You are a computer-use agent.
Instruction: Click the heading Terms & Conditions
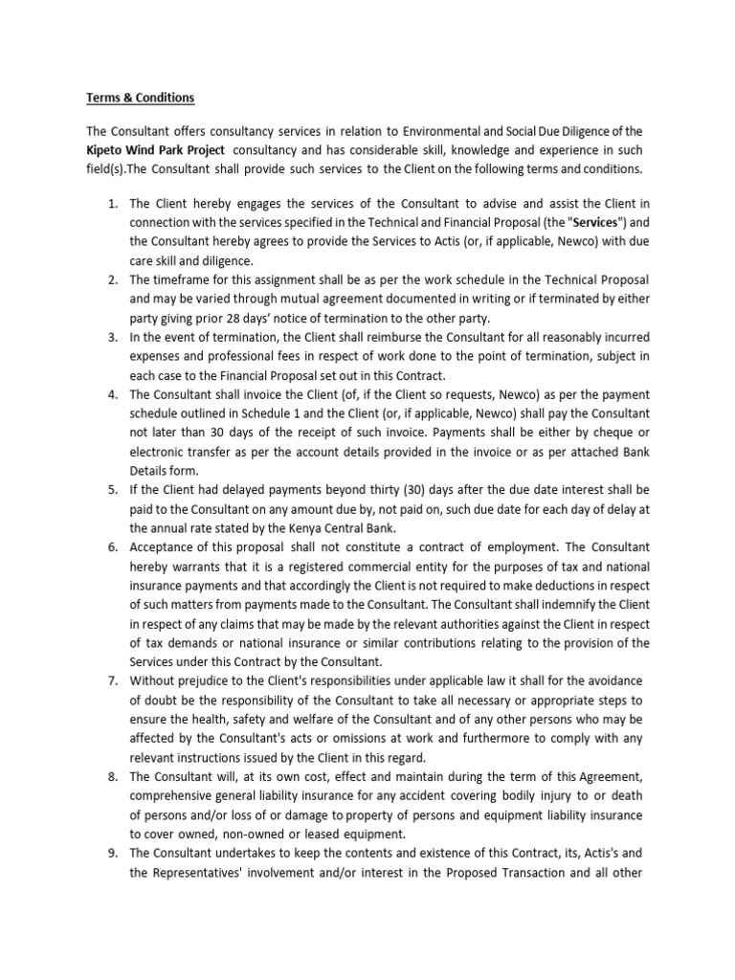pyautogui.click(x=140, y=98)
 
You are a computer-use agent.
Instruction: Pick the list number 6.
pyautogui.click(x=112, y=546)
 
